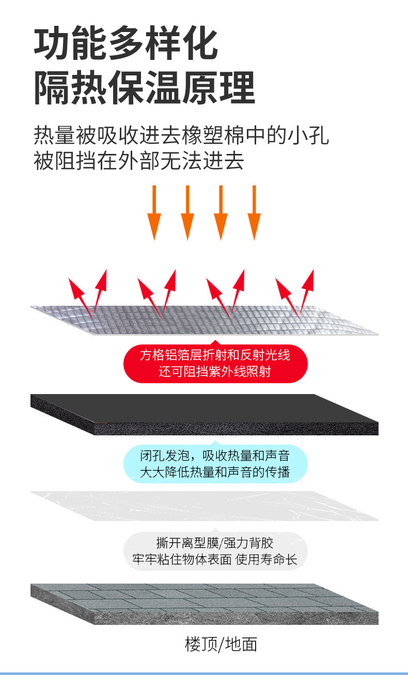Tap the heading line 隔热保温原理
[x=145, y=88]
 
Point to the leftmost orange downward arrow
[x=154, y=212]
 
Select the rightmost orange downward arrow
[x=254, y=212]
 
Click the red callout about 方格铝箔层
[x=215, y=363]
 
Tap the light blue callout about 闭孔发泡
[x=215, y=464]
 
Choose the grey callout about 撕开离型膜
[x=215, y=551]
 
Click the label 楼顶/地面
[x=221, y=644]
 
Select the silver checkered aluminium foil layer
[x=205, y=320]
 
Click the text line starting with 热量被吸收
[x=181, y=136]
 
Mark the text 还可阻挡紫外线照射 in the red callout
[x=215, y=371]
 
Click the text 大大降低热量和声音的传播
[x=215, y=472]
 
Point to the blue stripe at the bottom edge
[x=204, y=673]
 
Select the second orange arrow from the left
[x=187, y=212]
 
